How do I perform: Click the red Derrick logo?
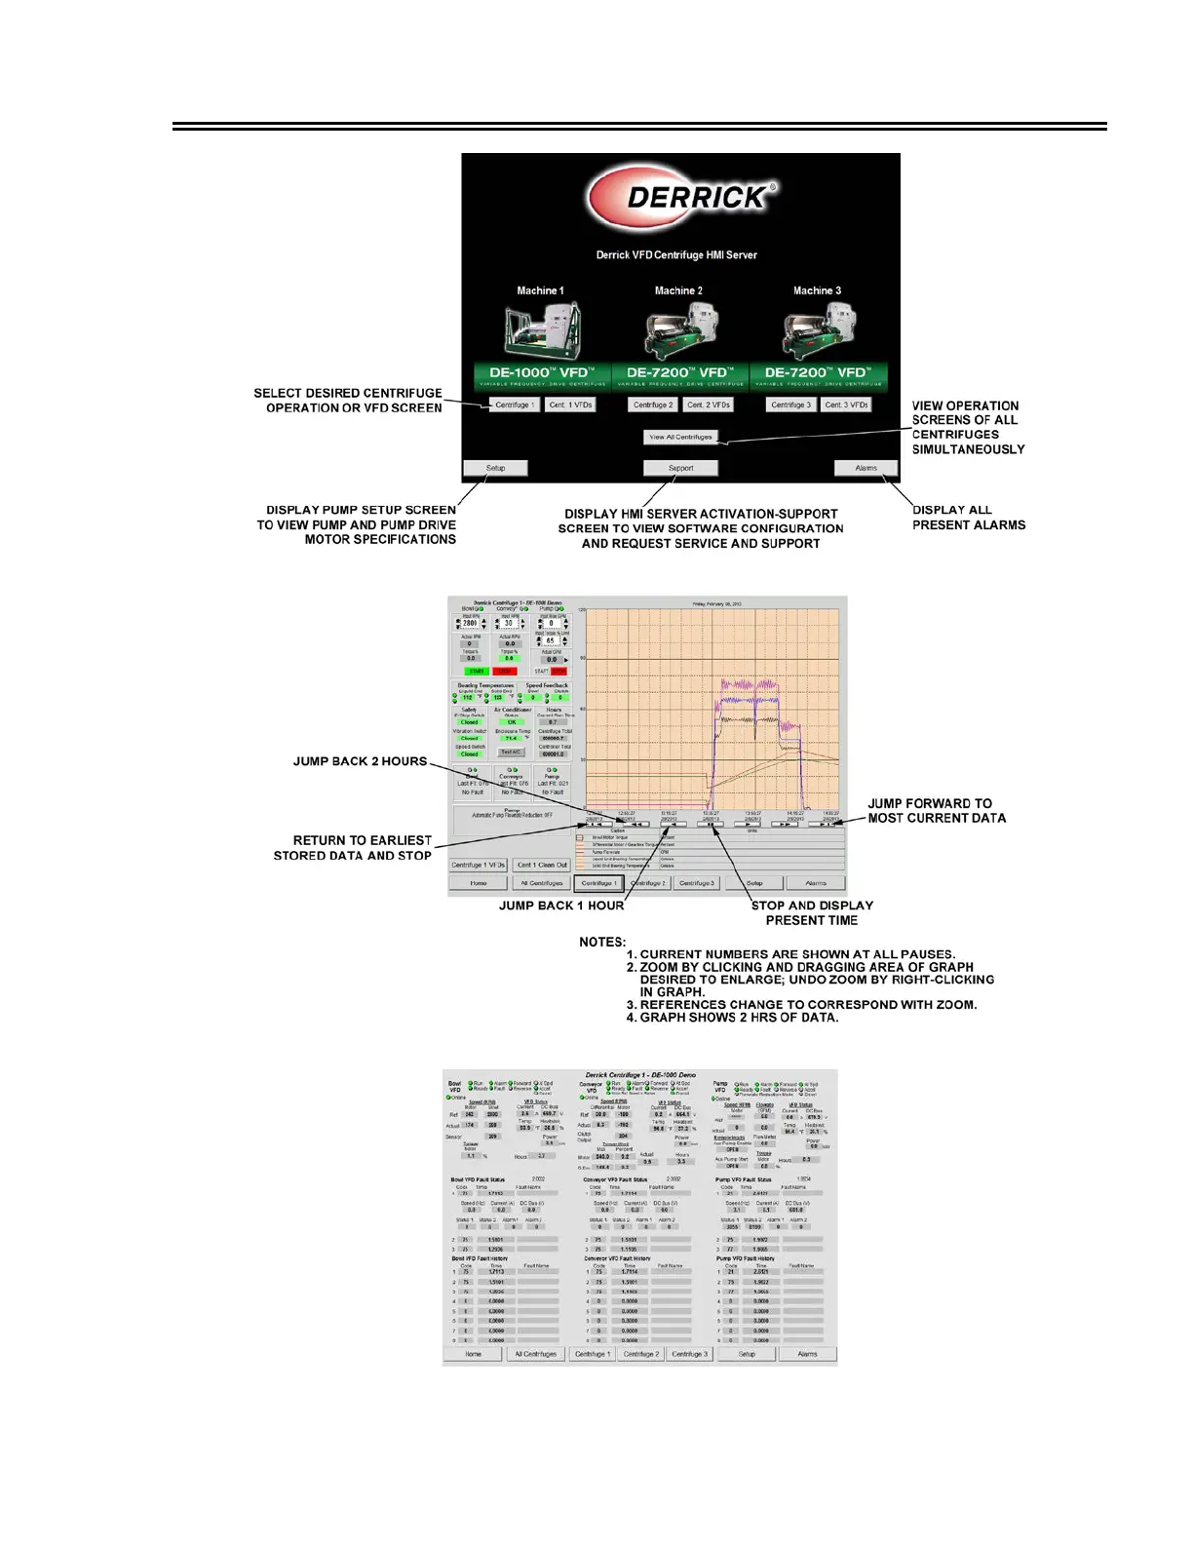click(x=682, y=197)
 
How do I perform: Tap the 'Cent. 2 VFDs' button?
click(x=709, y=405)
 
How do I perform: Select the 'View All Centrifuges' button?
click(x=680, y=437)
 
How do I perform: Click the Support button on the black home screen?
click(x=680, y=468)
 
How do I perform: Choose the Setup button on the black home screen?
click(x=495, y=468)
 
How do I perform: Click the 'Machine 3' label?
click(x=817, y=290)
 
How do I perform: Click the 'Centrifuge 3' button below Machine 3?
click(x=790, y=405)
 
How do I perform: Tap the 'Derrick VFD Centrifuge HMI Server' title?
click(x=676, y=255)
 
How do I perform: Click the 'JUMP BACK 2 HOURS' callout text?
click(x=360, y=761)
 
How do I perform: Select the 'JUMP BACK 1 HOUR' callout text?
click(x=561, y=906)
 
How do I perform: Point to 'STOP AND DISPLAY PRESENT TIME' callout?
click(x=812, y=912)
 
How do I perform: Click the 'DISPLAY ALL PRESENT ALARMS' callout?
click(x=968, y=518)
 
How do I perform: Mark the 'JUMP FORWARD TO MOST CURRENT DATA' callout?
click(x=936, y=811)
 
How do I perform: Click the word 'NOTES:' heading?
click(x=602, y=943)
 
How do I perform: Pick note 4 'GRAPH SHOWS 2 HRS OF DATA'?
click(x=731, y=1018)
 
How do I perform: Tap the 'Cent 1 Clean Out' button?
click(x=541, y=865)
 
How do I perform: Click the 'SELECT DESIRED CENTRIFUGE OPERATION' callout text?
click(x=348, y=401)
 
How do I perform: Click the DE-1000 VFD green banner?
click(x=542, y=373)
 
